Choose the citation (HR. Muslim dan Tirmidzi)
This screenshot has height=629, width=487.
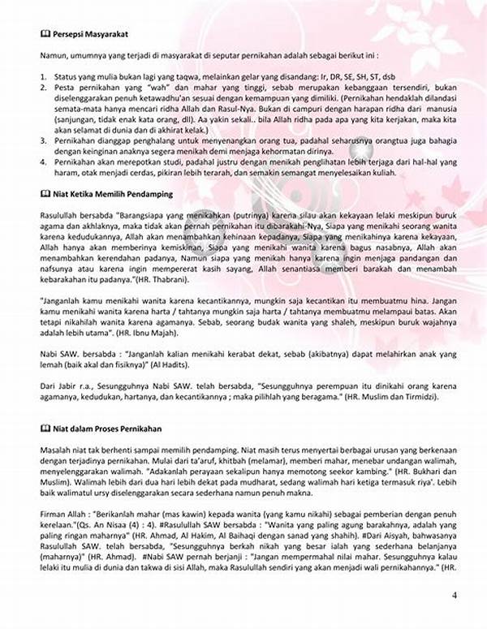pos(387,398)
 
